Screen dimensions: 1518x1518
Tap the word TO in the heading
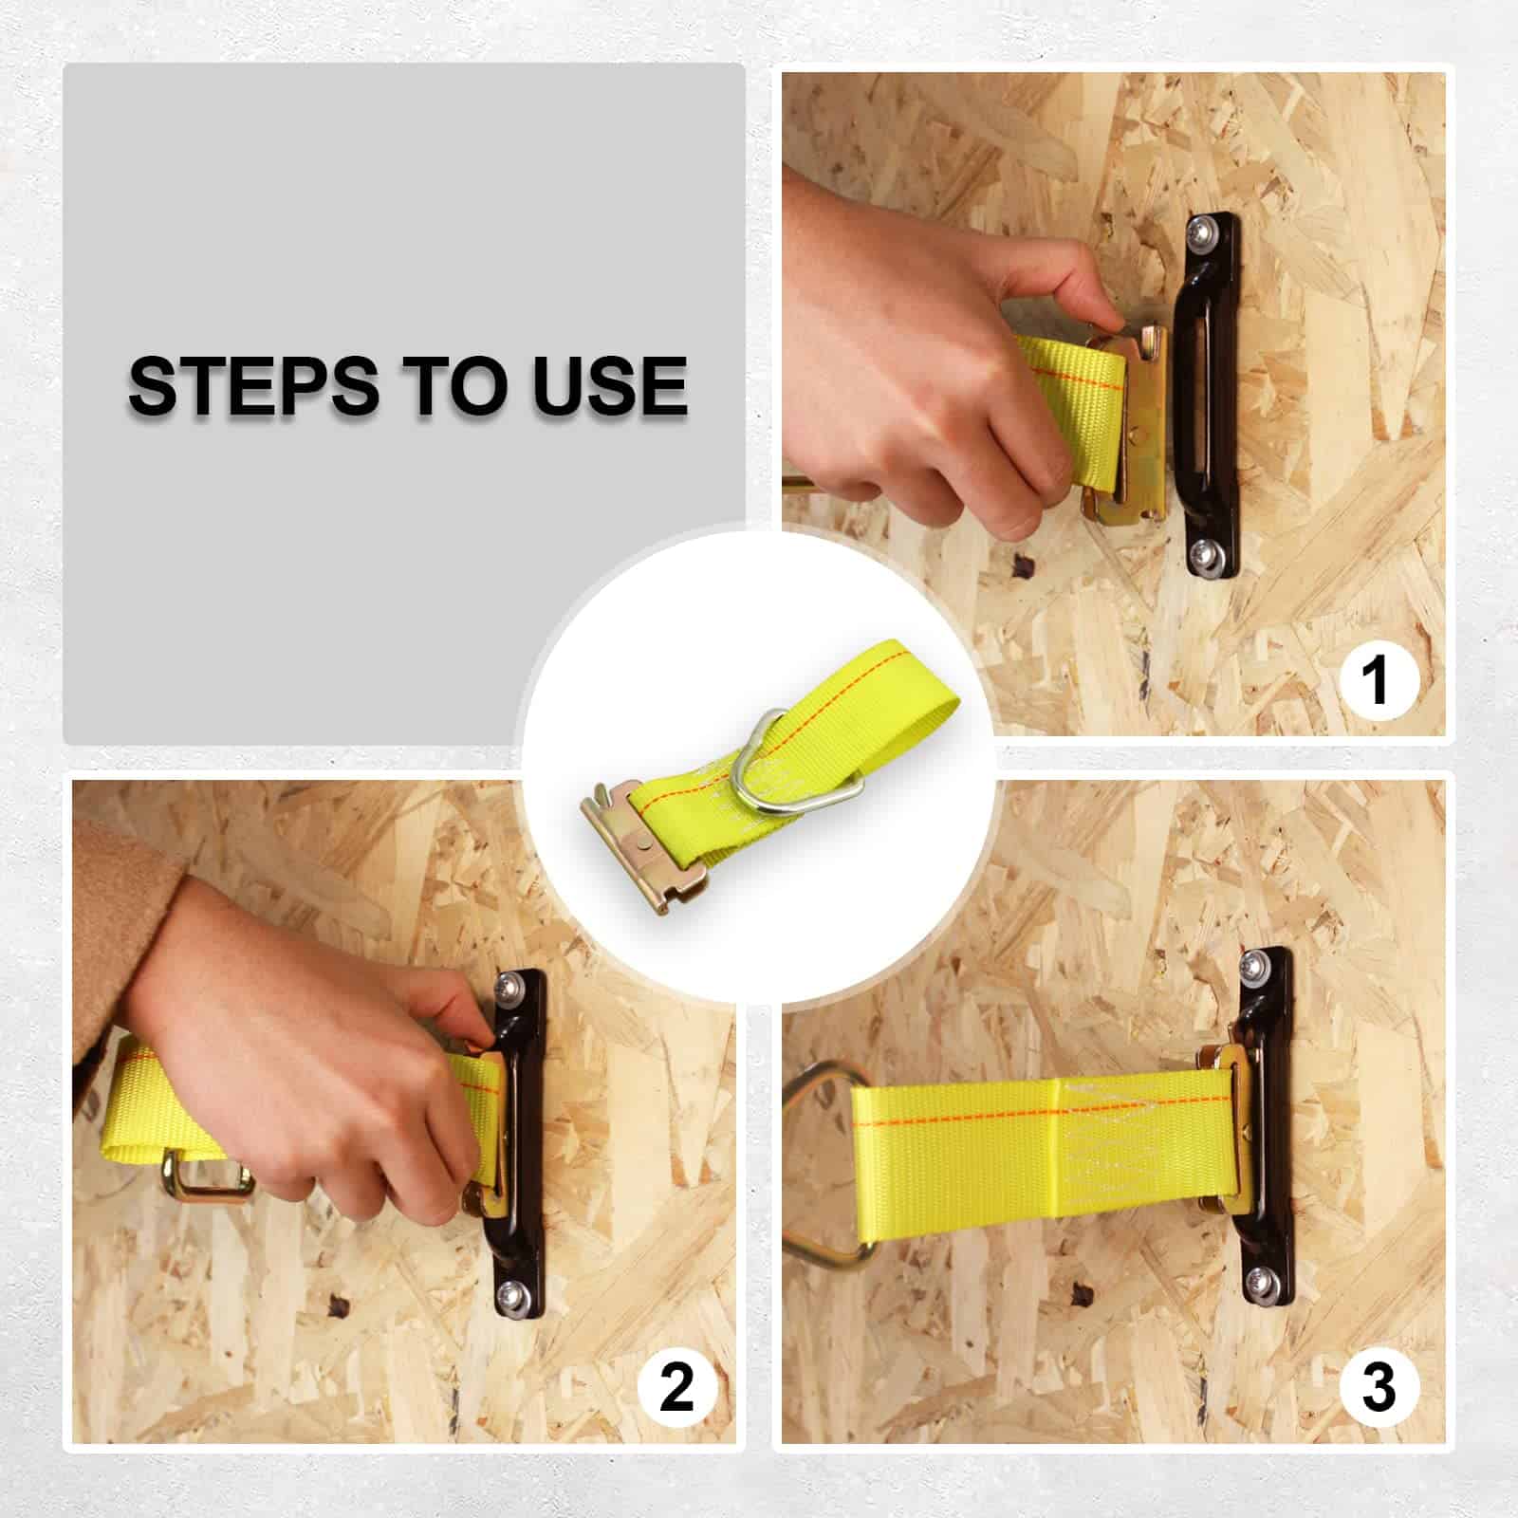[x=456, y=385]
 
